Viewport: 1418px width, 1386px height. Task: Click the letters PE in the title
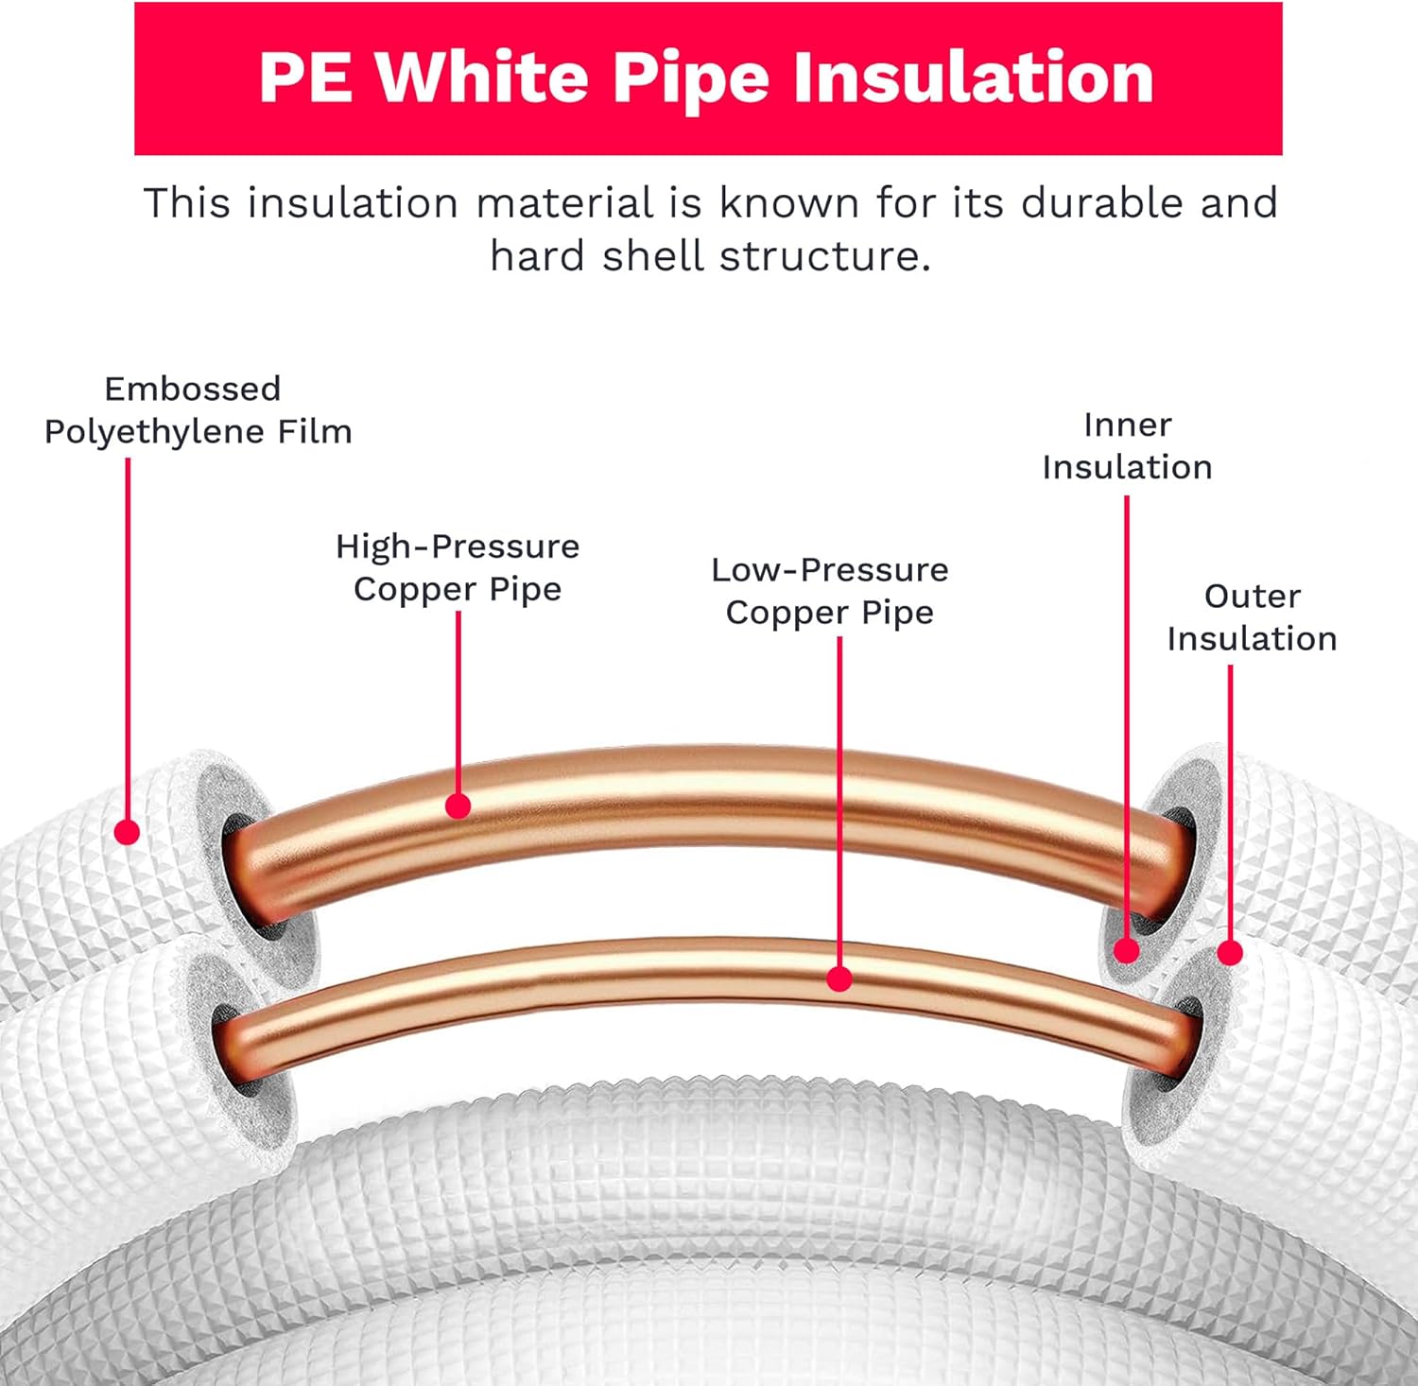click(305, 77)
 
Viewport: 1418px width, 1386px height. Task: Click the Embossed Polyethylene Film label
click(198, 410)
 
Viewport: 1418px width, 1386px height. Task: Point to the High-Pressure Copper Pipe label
click(458, 567)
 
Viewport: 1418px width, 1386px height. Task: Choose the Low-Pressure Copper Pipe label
click(829, 591)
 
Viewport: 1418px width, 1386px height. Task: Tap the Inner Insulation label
click(1127, 445)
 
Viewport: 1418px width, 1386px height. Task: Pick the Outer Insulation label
click(1252, 617)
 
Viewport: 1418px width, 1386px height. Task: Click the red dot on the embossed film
click(127, 832)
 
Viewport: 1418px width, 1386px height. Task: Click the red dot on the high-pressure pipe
click(458, 806)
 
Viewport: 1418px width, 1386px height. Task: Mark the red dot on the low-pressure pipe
click(839, 979)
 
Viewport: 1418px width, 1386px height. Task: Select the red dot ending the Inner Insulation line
click(1126, 950)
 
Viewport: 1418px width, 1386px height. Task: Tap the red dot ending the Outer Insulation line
click(1230, 953)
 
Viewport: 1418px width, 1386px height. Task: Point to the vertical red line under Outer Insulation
click(1230, 804)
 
